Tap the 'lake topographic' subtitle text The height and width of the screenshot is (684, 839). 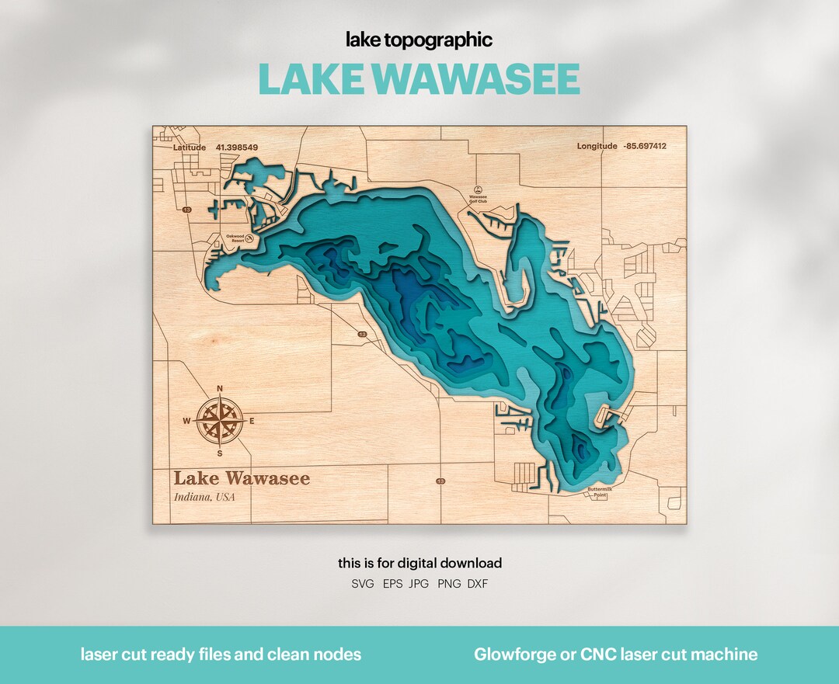[x=419, y=40]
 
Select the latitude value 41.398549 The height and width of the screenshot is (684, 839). [x=236, y=147]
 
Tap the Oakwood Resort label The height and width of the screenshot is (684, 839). [x=234, y=238]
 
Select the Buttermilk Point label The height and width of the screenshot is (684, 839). [x=601, y=492]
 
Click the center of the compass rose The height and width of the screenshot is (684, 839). [x=220, y=422]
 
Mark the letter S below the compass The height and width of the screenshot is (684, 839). [x=220, y=453]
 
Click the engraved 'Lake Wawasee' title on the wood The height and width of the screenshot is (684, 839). [x=242, y=478]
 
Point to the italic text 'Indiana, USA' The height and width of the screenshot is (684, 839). [x=204, y=497]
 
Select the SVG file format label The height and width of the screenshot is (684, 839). [x=363, y=583]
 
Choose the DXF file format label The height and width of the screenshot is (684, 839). [x=478, y=583]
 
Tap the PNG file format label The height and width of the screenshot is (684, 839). [x=449, y=583]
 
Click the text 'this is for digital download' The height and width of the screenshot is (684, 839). [x=419, y=563]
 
